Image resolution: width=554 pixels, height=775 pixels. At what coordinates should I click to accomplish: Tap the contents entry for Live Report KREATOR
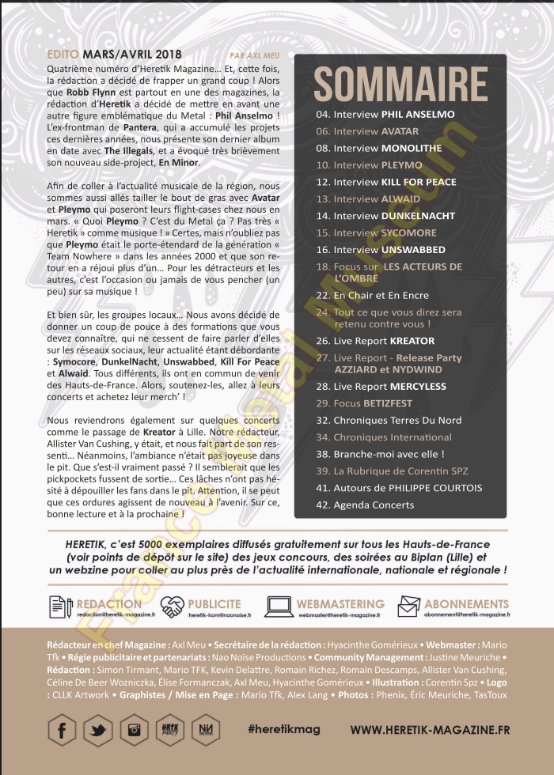click(375, 341)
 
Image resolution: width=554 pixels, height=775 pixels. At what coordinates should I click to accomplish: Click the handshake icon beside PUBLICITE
click(173, 607)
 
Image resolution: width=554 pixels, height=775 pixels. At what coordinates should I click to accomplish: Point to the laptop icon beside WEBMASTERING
click(279, 607)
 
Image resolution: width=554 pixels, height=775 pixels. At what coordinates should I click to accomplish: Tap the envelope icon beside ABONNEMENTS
click(409, 607)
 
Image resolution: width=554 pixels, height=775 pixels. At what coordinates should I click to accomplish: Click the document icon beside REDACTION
click(60, 607)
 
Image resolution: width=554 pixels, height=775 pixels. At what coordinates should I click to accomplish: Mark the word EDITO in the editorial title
click(63, 55)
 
